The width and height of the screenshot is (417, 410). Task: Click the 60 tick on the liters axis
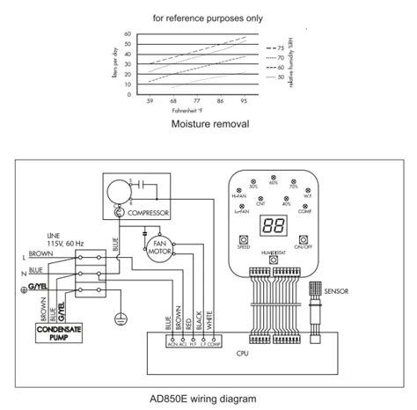tap(128, 33)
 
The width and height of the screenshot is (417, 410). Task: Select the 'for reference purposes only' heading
tap(208, 17)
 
